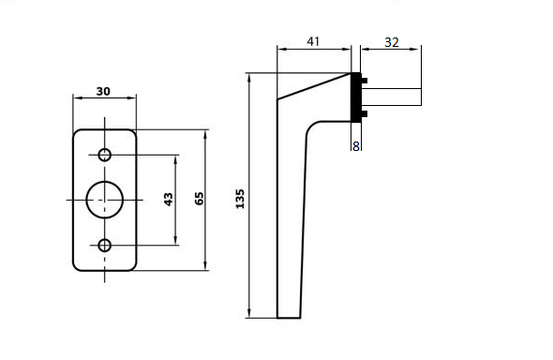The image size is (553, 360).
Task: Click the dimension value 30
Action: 103,91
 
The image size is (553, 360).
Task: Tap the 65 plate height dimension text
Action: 198,200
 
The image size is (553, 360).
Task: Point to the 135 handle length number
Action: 240,198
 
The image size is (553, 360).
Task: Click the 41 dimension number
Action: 314,40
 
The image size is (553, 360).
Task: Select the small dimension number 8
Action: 356,146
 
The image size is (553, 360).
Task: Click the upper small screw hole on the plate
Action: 104,155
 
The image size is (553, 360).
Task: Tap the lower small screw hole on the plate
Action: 104,246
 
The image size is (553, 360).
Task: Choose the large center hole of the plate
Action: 104,200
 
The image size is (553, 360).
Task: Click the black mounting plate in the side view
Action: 356,97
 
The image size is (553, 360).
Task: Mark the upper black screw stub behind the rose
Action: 365,81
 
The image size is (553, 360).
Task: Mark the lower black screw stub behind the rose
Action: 365,114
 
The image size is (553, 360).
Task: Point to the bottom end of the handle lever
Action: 289,316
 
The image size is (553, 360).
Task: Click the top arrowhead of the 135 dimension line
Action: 249,77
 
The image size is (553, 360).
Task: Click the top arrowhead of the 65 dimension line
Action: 207,132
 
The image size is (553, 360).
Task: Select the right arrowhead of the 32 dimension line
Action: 417,49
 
